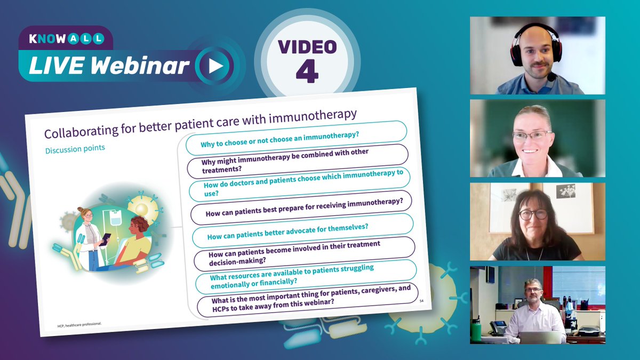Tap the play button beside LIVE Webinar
point(214,66)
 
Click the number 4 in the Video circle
point(307,74)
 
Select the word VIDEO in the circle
point(307,47)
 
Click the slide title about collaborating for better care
point(200,125)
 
